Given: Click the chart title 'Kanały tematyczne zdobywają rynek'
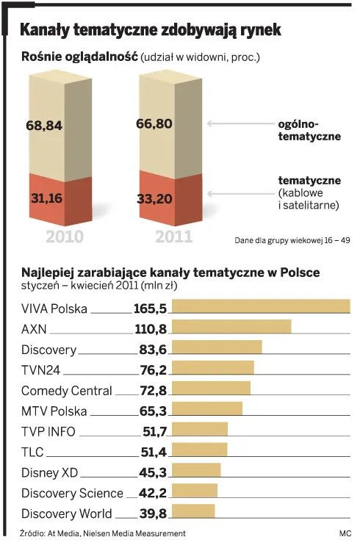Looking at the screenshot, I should point(150,30).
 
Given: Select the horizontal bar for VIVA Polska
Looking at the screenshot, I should point(260,307).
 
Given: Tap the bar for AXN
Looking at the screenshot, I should point(231,327).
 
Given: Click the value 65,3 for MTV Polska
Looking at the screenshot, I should point(150,411).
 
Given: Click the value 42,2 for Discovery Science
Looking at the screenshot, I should point(150,493).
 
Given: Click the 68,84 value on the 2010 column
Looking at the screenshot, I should point(44,126).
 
